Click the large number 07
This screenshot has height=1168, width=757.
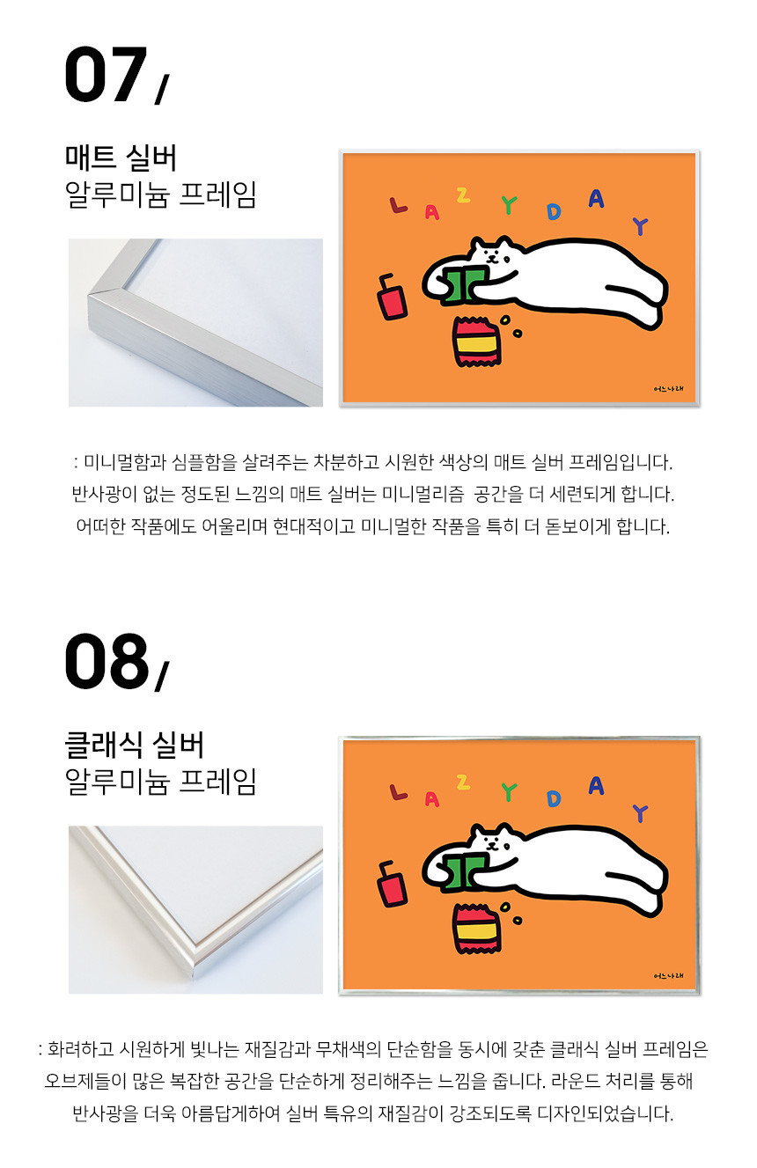[x=105, y=74]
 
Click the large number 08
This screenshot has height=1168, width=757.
[x=107, y=661]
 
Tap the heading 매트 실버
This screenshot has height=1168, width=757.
[x=121, y=158]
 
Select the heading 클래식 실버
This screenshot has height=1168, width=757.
[x=134, y=745]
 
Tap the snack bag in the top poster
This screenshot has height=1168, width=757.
[x=476, y=342]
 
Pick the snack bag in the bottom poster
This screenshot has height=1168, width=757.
[x=476, y=929]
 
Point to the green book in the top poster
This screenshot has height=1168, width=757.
[x=464, y=284]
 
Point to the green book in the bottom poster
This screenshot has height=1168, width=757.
[x=464, y=871]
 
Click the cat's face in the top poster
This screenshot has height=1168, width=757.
[x=493, y=255]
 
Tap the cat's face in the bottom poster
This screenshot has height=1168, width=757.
[x=493, y=842]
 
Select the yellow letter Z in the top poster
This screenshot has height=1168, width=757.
[x=463, y=195]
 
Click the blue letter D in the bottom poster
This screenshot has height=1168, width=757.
[x=555, y=799]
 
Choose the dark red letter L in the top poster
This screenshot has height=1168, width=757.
[x=398, y=205]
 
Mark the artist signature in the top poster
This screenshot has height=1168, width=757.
[x=668, y=388]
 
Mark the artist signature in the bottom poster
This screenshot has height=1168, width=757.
[x=668, y=975]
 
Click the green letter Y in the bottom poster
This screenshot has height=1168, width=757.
[x=510, y=792]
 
